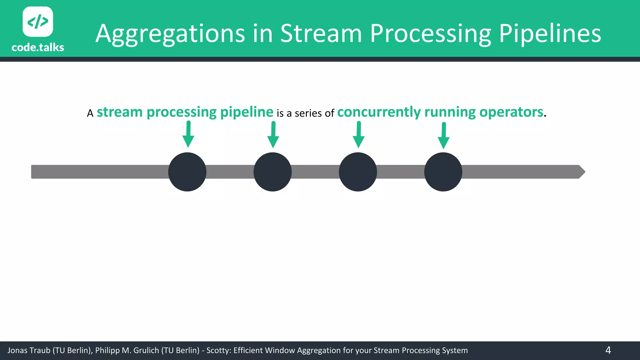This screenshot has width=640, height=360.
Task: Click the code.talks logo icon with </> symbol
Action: [x=38, y=22]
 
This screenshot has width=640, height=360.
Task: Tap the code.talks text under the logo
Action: [x=38, y=47]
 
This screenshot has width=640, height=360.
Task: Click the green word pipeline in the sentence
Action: [x=247, y=112]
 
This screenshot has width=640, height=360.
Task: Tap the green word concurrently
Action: [x=379, y=112]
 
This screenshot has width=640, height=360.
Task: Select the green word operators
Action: [x=511, y=112]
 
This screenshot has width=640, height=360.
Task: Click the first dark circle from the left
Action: [x=187, y=172]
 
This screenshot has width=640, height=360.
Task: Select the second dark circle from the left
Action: [x=272, y=172]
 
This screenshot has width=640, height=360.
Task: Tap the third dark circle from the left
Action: [x=358, y=172]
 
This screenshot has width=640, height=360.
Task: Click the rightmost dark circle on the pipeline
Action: [x=443, y=172]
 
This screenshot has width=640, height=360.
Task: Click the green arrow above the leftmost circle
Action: [x=188, y=134]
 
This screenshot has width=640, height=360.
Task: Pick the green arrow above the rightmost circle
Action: [x=443, y=136]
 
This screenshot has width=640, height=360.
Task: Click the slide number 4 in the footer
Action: [x=608, y=350]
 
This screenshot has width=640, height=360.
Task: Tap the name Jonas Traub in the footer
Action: [x=29, y=351]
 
